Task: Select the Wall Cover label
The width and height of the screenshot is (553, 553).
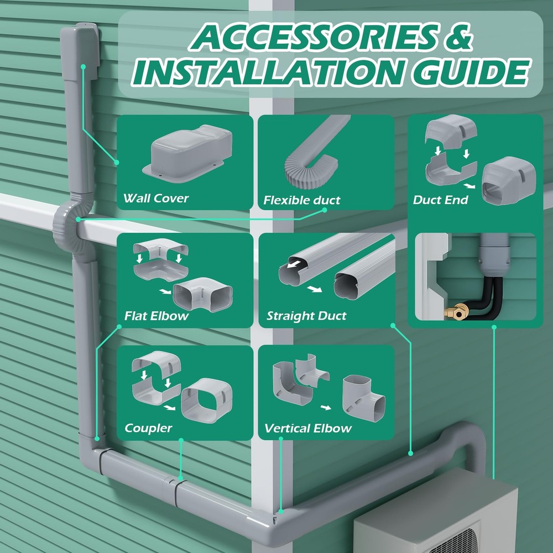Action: [156, 198]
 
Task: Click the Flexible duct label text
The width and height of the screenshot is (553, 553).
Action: [301, 200]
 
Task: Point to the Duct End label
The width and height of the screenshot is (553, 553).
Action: [440, 200]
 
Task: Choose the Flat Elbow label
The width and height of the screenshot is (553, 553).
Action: [156, 316]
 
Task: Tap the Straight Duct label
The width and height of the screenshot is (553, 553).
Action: [306, 316]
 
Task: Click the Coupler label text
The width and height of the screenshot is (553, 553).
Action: [148, 428]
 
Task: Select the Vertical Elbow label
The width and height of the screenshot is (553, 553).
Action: [308, 428]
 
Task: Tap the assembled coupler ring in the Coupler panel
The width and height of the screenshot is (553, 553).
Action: [206, 400]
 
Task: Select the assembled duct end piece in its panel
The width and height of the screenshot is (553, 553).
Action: [509, 181]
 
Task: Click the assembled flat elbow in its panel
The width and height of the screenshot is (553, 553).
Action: [202, 294]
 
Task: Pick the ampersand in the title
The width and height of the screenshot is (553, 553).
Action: [458, 36]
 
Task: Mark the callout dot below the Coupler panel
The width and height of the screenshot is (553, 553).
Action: [181, 440]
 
